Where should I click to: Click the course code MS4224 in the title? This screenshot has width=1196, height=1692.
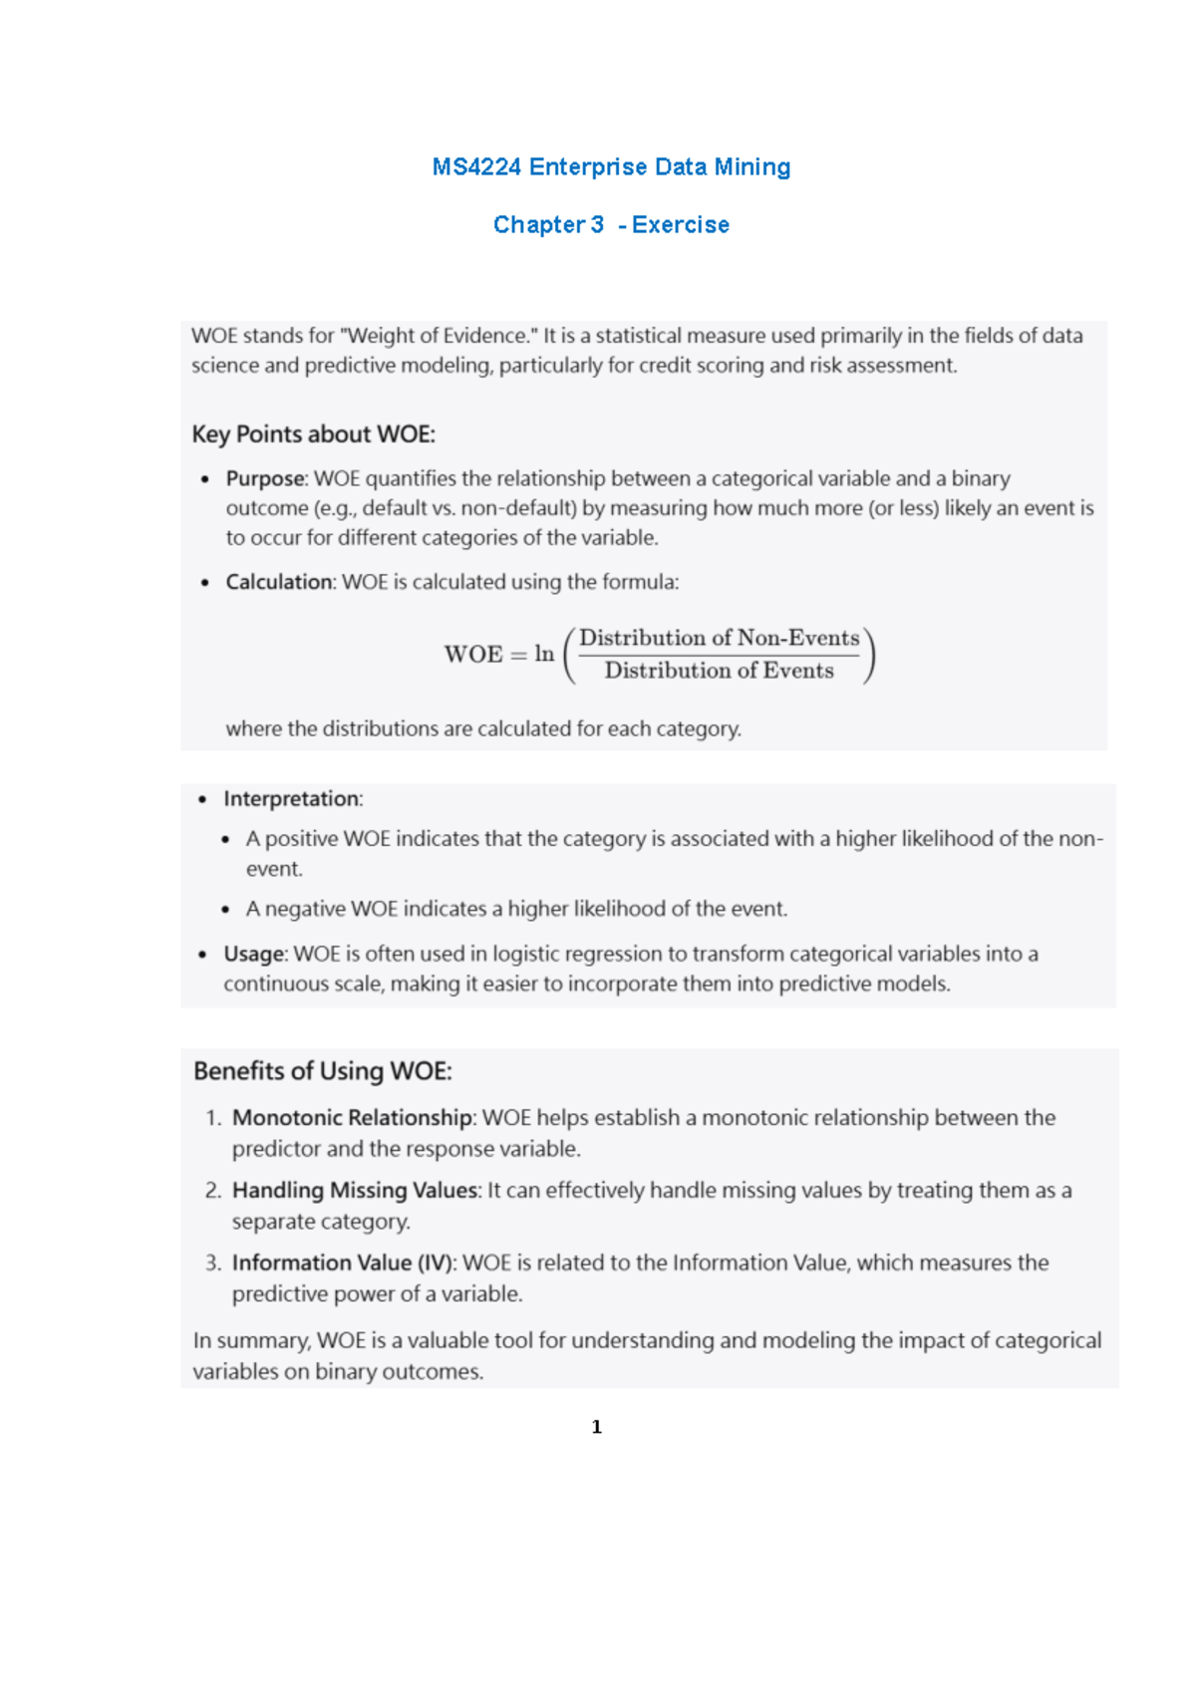point(475,167)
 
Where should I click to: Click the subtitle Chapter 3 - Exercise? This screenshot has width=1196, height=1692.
point(611,225)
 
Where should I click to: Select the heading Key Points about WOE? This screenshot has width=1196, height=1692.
point(313,434)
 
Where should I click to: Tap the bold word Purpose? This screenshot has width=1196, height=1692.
point(264,479)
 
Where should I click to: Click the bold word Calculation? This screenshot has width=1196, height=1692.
point(279,582)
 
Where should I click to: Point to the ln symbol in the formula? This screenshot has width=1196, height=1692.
point(544,654)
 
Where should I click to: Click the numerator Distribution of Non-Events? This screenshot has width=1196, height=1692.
point(719,638)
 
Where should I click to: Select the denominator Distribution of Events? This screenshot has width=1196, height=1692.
point(719,671)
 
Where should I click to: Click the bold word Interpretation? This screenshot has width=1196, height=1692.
point(291,799)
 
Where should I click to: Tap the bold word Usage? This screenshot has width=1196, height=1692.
point(254,955)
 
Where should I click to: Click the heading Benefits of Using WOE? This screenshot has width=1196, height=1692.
point(322,1071)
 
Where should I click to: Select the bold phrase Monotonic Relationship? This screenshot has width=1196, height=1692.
point(351,1118)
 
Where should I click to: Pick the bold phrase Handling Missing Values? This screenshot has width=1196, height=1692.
point(355,1191)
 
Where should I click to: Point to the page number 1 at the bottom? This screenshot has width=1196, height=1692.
point(596,1427)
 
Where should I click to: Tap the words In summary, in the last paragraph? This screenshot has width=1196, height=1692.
point(251,1341)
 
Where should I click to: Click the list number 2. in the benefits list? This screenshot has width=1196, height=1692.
point(213,1191)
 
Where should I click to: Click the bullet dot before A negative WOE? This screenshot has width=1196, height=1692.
point(226,910)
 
